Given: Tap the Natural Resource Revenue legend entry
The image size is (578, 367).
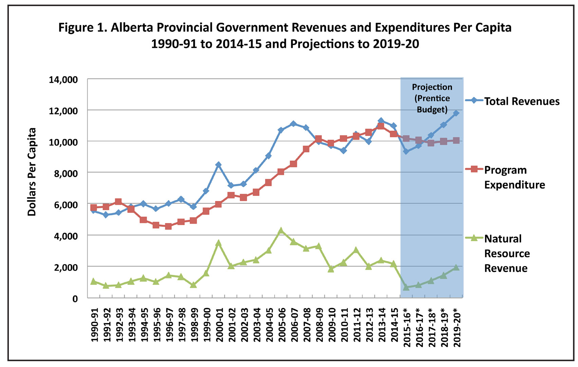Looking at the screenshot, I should tap(507, 253).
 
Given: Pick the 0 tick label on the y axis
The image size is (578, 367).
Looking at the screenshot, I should tap(75, 299).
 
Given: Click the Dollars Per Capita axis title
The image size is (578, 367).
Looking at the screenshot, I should tap(32, 172).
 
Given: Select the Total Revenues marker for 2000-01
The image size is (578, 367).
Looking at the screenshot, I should tap(218, 165).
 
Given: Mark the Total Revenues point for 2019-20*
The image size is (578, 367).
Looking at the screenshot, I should tap(456, 113).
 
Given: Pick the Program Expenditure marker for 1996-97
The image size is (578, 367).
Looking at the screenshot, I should tap(168, 226).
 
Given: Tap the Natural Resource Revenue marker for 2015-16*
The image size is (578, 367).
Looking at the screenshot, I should tap(406, 287).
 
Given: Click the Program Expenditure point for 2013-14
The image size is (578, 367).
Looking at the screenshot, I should tap(381, 126).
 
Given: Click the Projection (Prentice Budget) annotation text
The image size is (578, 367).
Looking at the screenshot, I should tap(432, 98).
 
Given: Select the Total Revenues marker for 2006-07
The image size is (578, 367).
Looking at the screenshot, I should tap(293, 124).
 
